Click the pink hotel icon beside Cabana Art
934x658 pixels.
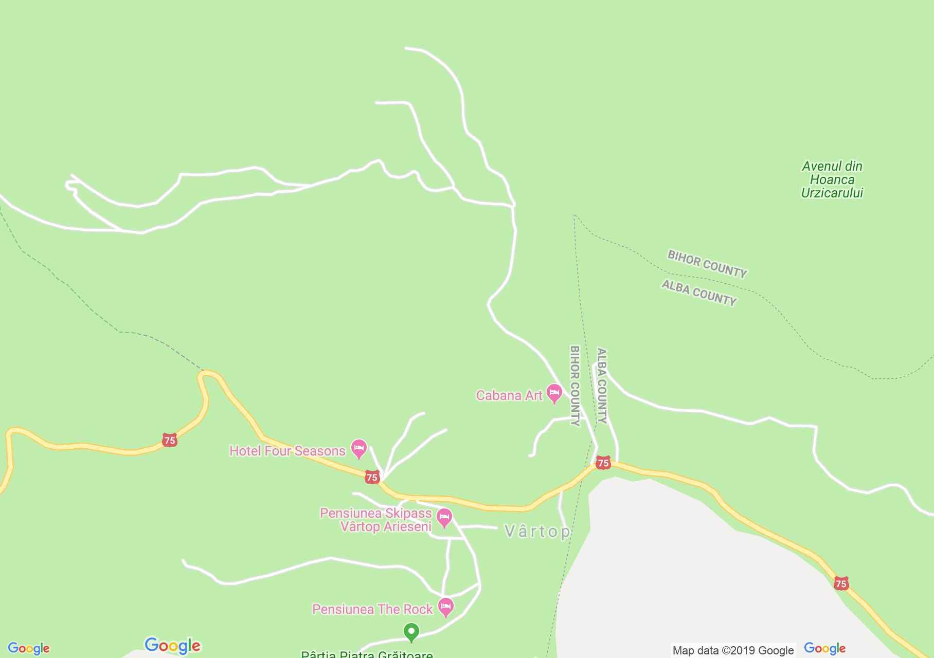[554, 393]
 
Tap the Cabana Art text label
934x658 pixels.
[509, 395]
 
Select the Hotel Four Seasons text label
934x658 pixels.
[287, 451]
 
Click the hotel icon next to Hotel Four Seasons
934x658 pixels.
[358, 448]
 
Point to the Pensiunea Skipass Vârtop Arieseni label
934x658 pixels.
[376, 520]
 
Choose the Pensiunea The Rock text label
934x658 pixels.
[372, 609]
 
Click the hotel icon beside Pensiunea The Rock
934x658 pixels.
[446, 607]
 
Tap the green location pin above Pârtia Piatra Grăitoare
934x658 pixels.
[411, 631]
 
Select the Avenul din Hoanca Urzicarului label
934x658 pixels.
[832, 179]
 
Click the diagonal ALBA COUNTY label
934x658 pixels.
[698, 293]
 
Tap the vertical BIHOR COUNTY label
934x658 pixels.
[575, 386]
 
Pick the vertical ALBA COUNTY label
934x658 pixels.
[602, 386]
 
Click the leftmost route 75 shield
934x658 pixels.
[169, 440]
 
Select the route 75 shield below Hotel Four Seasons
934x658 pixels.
[372, 478]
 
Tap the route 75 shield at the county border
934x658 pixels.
[603, 463]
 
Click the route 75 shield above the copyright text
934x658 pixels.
[840, 583]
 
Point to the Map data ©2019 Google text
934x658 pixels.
[733, 650]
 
